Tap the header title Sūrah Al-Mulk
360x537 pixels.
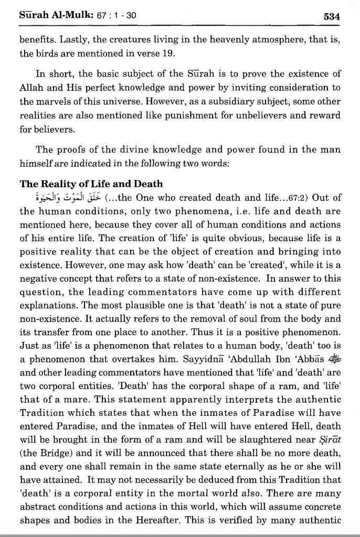coord(49,15)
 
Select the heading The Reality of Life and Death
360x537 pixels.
coord(91,184)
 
